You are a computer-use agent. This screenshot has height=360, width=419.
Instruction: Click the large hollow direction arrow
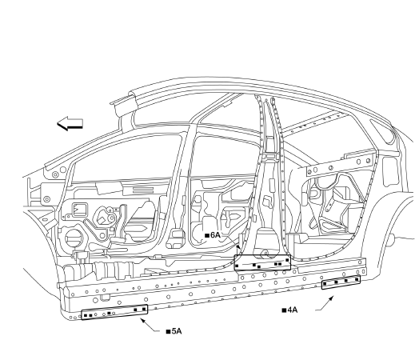70,123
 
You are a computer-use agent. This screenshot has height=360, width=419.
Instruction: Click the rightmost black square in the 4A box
357,279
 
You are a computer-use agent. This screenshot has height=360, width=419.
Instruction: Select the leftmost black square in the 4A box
325,283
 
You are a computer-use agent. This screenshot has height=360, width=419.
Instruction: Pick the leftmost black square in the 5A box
86,316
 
